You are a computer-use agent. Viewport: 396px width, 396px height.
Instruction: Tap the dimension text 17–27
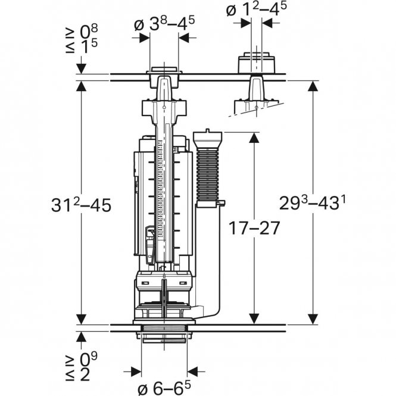coord(254,229)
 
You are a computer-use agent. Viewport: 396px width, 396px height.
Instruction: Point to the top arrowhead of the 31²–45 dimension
coord(81,85)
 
